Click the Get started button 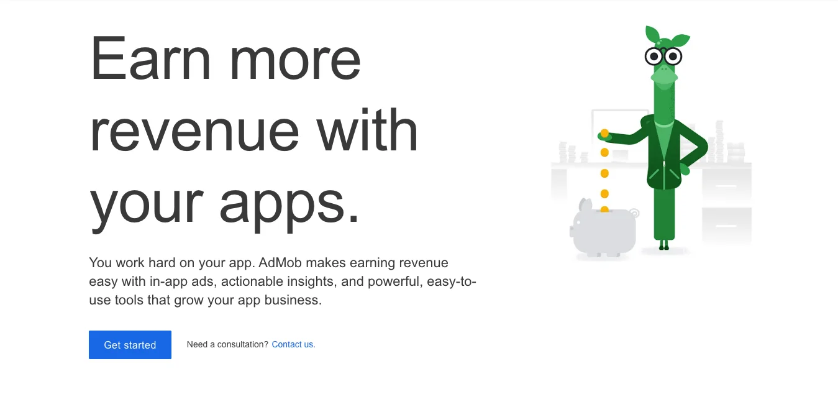pyautogui.click(x=130, y=345)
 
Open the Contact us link pyautogui.click(x=293, y=344)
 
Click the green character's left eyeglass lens pyautogui.click(x=654, y=57)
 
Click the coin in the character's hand pyautogui.click(x=604, y=134)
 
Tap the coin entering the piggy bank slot pyautogui.click(x=604, y=209)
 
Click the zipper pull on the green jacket pyautogui.click(x=663, y=164)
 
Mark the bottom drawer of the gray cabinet pyautogui.click(x=726, y=225)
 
